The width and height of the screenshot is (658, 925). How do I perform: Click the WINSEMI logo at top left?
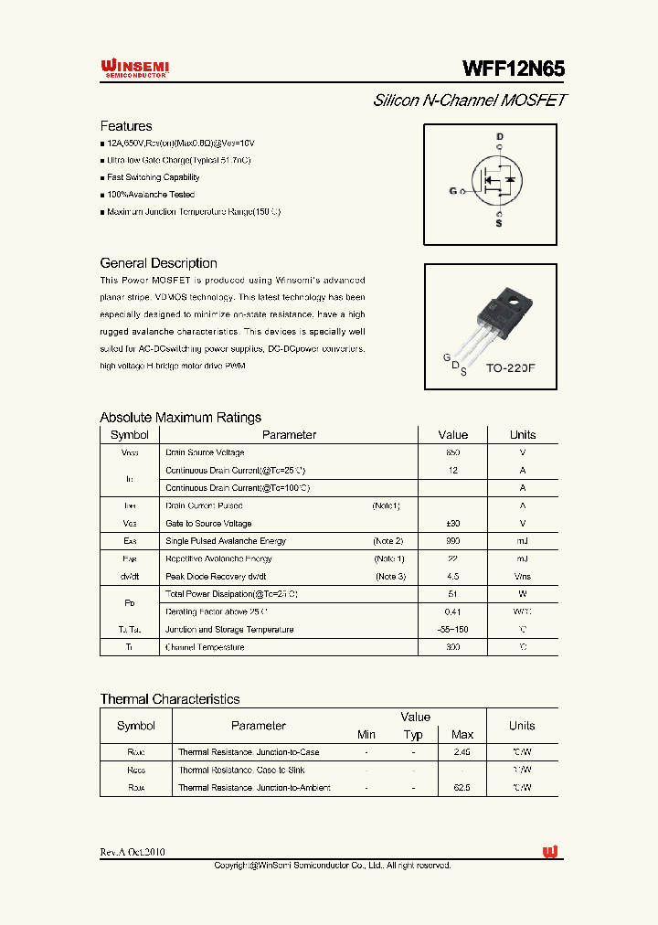point(133,69)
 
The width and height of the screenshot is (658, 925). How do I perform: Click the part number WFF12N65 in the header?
point(514,69)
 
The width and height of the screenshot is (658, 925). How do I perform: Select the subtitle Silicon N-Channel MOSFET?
point(470,101)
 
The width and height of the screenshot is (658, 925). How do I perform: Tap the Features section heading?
point(126,126)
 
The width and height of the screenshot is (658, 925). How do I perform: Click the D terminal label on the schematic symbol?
point(499,137)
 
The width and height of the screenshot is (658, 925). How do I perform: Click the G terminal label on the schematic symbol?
point(452,191)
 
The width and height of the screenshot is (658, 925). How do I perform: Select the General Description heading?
point(158,263)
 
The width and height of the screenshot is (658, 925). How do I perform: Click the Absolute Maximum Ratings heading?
point(180,418)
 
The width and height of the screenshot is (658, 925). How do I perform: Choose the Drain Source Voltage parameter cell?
point(205,452)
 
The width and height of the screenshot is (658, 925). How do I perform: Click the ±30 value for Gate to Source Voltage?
point(452,524)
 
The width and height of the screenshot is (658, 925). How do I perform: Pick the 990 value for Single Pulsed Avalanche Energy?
point(452,541)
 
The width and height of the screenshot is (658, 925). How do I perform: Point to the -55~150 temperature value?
point(452,630)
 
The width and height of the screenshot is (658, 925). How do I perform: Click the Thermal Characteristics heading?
point(170,699)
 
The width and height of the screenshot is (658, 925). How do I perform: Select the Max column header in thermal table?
point(462,735)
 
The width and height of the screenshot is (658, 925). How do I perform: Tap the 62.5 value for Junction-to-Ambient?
point(462,788)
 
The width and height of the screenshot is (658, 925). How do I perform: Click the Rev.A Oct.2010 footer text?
point(133,853)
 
